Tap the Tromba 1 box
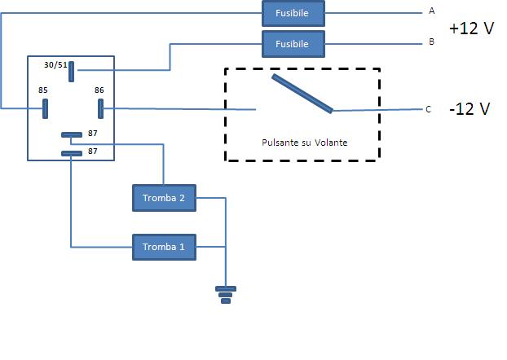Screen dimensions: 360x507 tap(164, 247)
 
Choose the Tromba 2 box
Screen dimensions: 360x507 tap(164, 197)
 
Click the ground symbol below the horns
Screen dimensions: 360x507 tap(226, 294)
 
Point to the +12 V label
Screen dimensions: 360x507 tap(471, 28)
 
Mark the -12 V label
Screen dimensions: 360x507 tap(469, 108)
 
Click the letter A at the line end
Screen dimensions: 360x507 tap(431, 11)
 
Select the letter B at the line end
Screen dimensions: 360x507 tap(431, 42)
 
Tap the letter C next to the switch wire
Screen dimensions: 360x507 tap(429, 109)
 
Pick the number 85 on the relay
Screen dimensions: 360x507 tap(43, 90)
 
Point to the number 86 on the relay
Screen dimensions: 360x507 tap(99, 90)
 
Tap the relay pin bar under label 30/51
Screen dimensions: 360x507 tap(73, 73)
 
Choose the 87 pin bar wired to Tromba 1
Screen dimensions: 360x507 tap(71, 152)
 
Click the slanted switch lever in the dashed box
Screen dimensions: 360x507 tap(302, 94)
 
